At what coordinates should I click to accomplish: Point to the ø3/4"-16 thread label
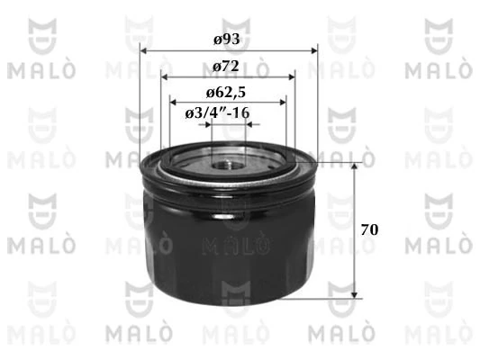click(217, 112)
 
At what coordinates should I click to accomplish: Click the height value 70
click(368, 229)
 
